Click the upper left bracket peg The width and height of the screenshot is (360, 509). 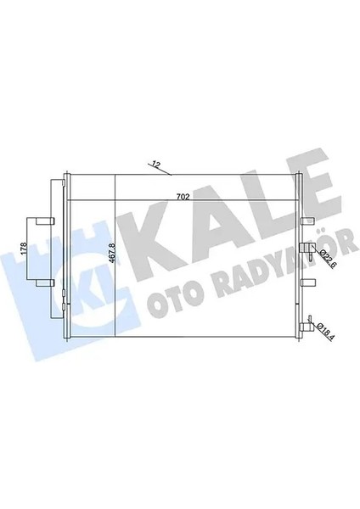[x=49, y=221]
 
